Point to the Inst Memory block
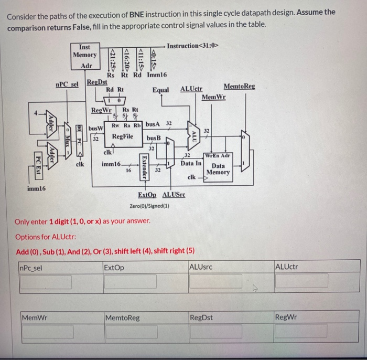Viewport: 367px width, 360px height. coord(84,55)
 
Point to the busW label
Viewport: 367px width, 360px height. coord(95,128)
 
